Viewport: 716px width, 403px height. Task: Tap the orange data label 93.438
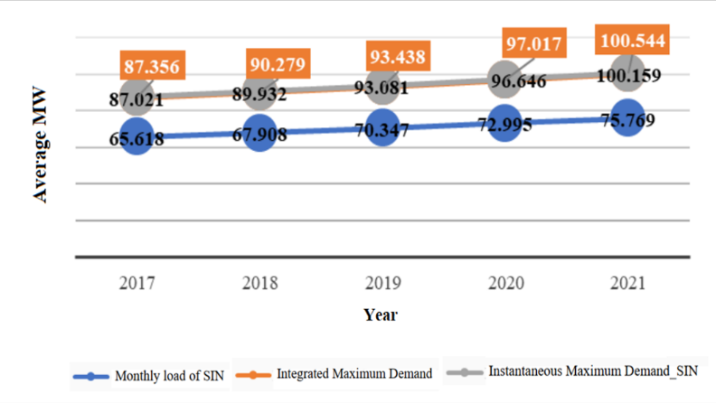point(397,56)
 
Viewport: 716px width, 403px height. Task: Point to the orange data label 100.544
point(633,42)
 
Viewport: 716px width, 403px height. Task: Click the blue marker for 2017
point(136,136)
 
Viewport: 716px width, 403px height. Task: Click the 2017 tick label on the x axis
point(137,283)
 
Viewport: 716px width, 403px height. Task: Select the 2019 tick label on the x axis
point(384,283)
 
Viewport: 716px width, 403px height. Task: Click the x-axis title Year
point(381,315)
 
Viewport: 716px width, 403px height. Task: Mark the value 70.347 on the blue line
point(384,128)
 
